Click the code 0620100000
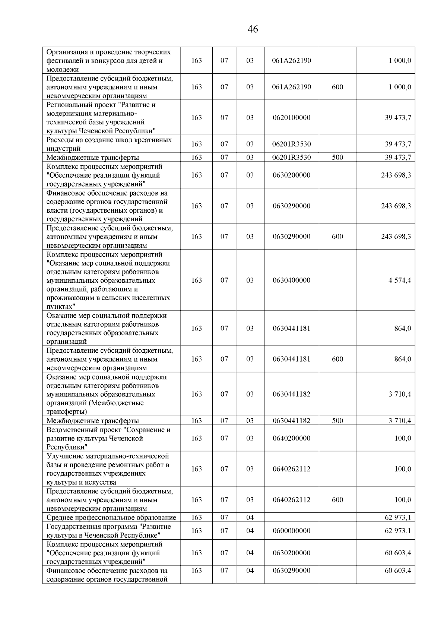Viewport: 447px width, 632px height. pos(291,118)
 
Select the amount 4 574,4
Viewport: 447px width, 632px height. pos(400,280)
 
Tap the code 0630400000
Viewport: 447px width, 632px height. pos(291,280)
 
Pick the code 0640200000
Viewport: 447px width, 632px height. pos(291,438)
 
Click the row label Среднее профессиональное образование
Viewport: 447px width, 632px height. pos(111,517)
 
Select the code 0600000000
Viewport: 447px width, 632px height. pos(291,531)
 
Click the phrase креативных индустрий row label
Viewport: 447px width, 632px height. pos(109,144)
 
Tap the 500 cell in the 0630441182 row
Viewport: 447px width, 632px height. pos(337,421)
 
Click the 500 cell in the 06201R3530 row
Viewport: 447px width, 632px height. pos(337,158)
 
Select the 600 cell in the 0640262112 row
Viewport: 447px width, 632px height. pos(337,500)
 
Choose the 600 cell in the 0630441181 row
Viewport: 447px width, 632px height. pos(337,359)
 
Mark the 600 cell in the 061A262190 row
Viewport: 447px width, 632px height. pos(337,87)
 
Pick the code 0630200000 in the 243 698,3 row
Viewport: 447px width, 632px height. pos(291,175)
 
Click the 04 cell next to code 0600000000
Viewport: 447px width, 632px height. pos(250,531)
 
